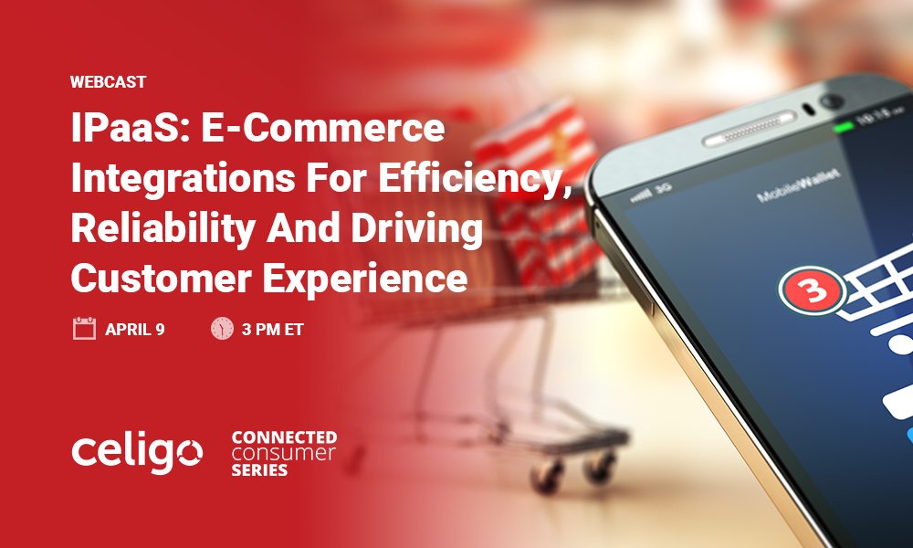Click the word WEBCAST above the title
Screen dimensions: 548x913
108,81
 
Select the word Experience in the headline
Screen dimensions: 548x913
371,278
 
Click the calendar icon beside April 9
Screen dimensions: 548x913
84,329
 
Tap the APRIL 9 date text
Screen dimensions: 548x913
135,330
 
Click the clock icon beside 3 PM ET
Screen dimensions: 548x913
222,329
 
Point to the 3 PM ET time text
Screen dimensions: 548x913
273,330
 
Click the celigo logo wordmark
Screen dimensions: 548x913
137,452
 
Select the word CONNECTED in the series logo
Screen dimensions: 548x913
284,437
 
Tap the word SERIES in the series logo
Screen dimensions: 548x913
260,470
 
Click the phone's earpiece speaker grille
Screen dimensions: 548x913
745,132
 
